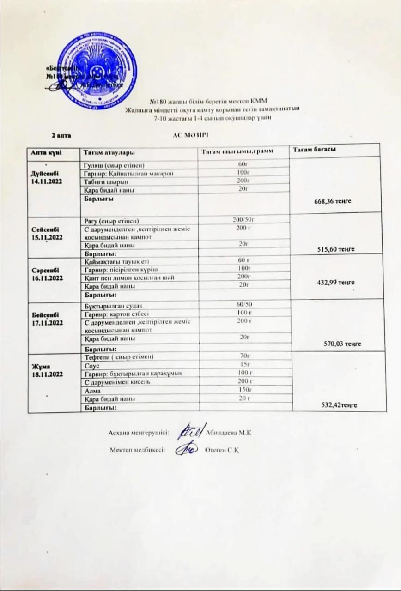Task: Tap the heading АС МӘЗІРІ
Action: pyautogui.click(x=190, y=134)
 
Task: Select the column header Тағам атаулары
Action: pyautogui.click(x=109, y=152)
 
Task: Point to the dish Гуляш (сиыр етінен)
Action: pyautogui.click(x=113, y=165)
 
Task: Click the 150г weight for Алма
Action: pyautogui.click(x=244, y=390)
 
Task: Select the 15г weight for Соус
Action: pyautogui.click(x=244, y=365)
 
